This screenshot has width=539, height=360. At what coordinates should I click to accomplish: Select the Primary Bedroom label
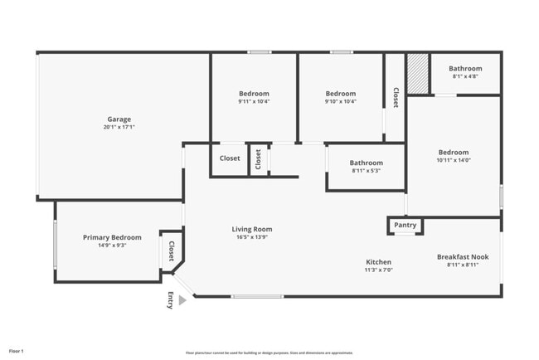tap(112, 237)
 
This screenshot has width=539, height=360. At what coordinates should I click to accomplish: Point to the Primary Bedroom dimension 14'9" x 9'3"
tap(112, 246)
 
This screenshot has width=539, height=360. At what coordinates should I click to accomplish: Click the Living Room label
tap(251, 229)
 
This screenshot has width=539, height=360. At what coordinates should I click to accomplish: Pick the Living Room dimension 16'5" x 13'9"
tap(251, 237)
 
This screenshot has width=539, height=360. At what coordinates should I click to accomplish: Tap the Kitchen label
tap(379, 262)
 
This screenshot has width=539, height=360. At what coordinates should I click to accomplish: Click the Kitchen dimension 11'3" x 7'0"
tap(379, 270)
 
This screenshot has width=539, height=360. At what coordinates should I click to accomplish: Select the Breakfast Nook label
tap(463, 257)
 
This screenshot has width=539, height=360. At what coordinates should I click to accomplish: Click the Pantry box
tap(405, 226)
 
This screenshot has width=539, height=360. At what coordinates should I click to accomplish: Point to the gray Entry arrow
tap(182, 300)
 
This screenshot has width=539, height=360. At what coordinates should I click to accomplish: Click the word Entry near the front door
tap(171, 301)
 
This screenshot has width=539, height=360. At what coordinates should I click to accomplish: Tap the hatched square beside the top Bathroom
tap(417, 73)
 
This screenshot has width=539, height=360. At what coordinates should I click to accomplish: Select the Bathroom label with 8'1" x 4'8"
tap(465, 69)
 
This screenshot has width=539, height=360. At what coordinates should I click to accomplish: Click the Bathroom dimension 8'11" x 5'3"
tap(366, 171)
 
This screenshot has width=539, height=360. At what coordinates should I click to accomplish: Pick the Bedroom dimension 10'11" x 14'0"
tap(454, 161)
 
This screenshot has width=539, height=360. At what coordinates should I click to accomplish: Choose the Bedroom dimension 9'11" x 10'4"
tap(254, 102)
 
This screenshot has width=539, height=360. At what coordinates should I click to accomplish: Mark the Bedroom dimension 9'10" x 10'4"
tap(340, 102)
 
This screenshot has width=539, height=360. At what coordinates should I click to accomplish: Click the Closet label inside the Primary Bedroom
tap(172, 251)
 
